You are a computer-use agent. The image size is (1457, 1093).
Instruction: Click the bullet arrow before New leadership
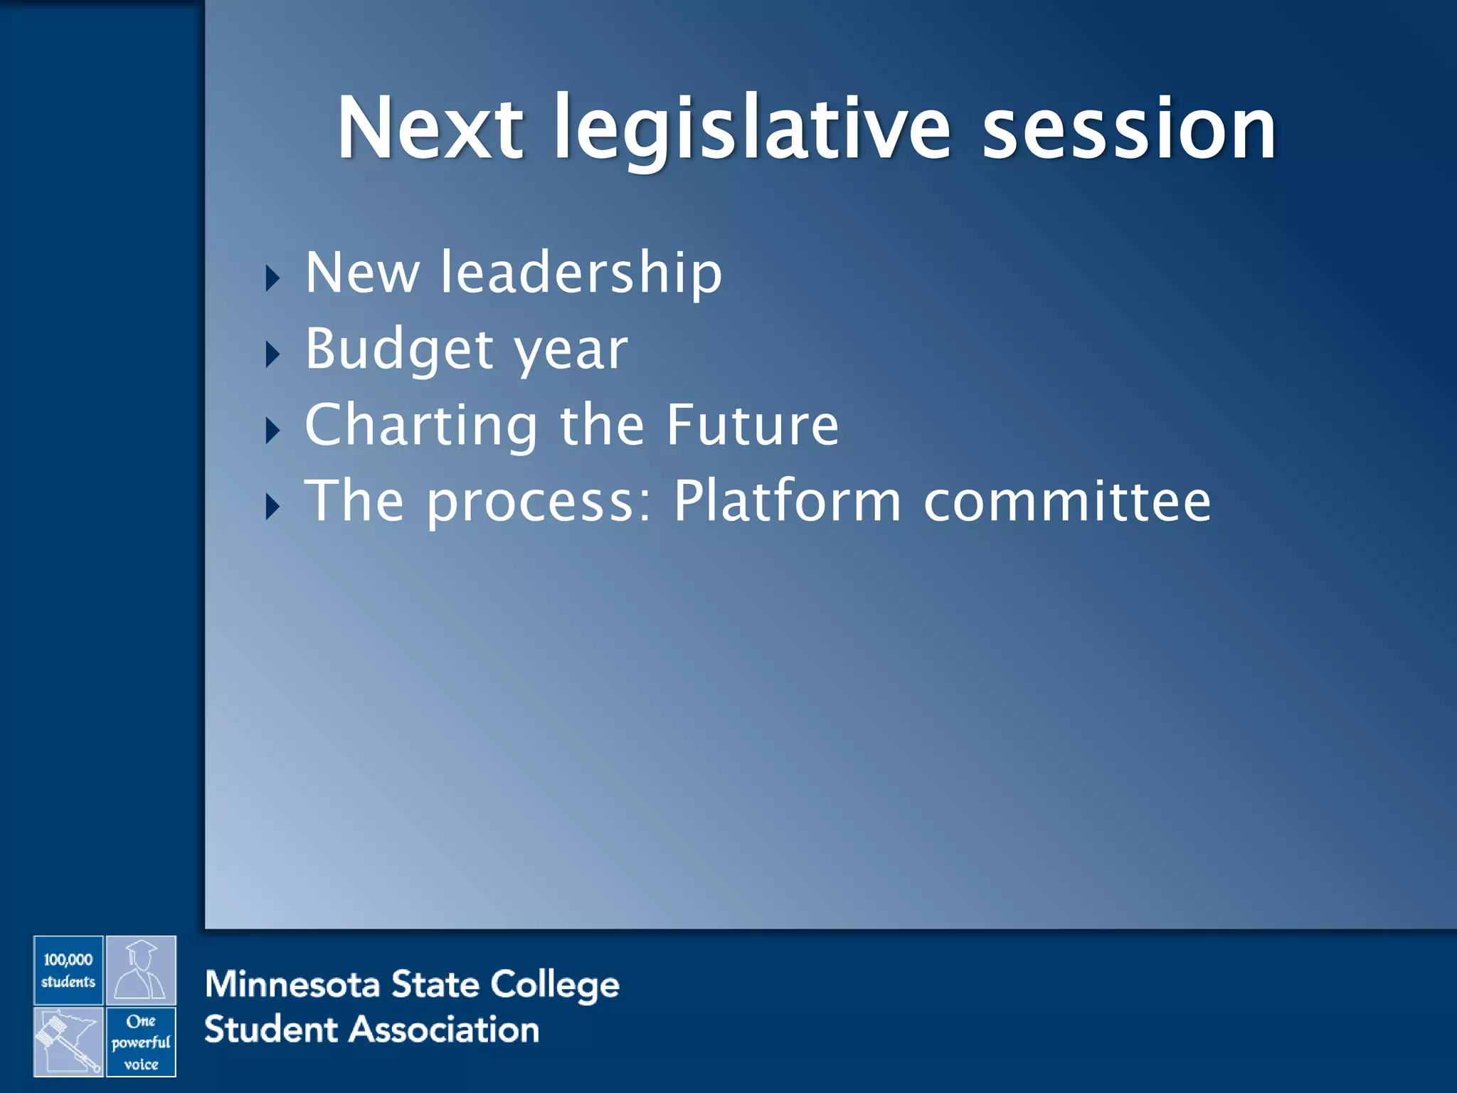click(x=272, y=278)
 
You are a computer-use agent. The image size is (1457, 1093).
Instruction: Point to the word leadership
click(x=581, y=273)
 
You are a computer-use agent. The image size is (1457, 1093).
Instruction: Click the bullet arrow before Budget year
click(x=272, y=354)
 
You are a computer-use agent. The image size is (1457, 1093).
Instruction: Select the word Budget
click(x=399, y=349)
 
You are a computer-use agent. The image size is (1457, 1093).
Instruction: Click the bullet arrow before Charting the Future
click(x=272, y=431)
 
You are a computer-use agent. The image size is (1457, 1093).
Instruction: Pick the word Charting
click(x=421, y=426)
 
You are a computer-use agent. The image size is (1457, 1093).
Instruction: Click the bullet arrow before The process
click(x=272, y=507)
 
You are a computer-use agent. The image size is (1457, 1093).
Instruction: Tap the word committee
click(x=1067, y=502)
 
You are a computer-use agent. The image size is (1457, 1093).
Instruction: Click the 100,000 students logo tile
click(x=68, y=971)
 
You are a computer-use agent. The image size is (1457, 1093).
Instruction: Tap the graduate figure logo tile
click(x=141, y=971)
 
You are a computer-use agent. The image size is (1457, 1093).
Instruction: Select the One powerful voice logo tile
click(x=141, y=1042)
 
